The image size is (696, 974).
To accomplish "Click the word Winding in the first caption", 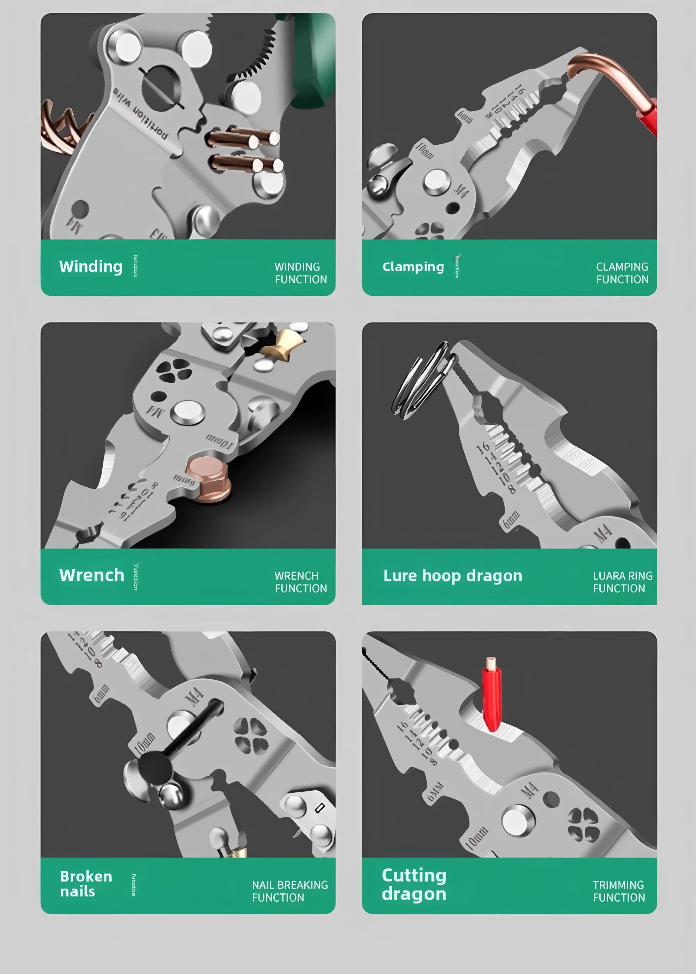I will (x=91, y=266).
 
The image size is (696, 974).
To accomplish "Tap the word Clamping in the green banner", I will (x=413, y=267).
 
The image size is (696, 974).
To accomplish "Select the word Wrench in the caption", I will (x=92, y=575).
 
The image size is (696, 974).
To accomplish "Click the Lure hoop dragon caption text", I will (x=452, y=576).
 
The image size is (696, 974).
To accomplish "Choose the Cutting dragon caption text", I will (x=414, y=884).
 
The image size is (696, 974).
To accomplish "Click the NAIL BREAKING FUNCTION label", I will (x=290, y=891).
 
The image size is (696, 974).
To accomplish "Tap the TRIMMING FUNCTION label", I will (x=619, y=891).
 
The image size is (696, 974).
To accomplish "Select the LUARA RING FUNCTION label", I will (x=622, y=582).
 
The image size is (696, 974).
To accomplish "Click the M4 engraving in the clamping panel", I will (x=461, y=191).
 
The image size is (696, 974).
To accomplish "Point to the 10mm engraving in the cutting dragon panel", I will (x=476, y=838).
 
